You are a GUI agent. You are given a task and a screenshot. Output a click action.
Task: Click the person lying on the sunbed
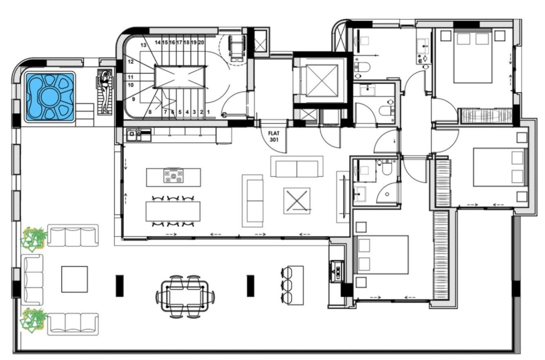pos(105,91)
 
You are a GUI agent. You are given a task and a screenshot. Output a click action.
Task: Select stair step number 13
pos(143,45)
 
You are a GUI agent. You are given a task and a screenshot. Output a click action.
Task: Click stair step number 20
pos(201,43)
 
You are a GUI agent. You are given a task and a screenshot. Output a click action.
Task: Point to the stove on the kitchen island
pos(173,176)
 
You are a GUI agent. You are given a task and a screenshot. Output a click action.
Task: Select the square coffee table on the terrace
pos(74,279)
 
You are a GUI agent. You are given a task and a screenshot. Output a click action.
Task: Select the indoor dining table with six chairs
pos(173,211)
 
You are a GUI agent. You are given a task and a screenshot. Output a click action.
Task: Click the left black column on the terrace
pos(120,285)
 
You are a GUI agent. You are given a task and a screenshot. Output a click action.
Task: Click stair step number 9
pos(134,99)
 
